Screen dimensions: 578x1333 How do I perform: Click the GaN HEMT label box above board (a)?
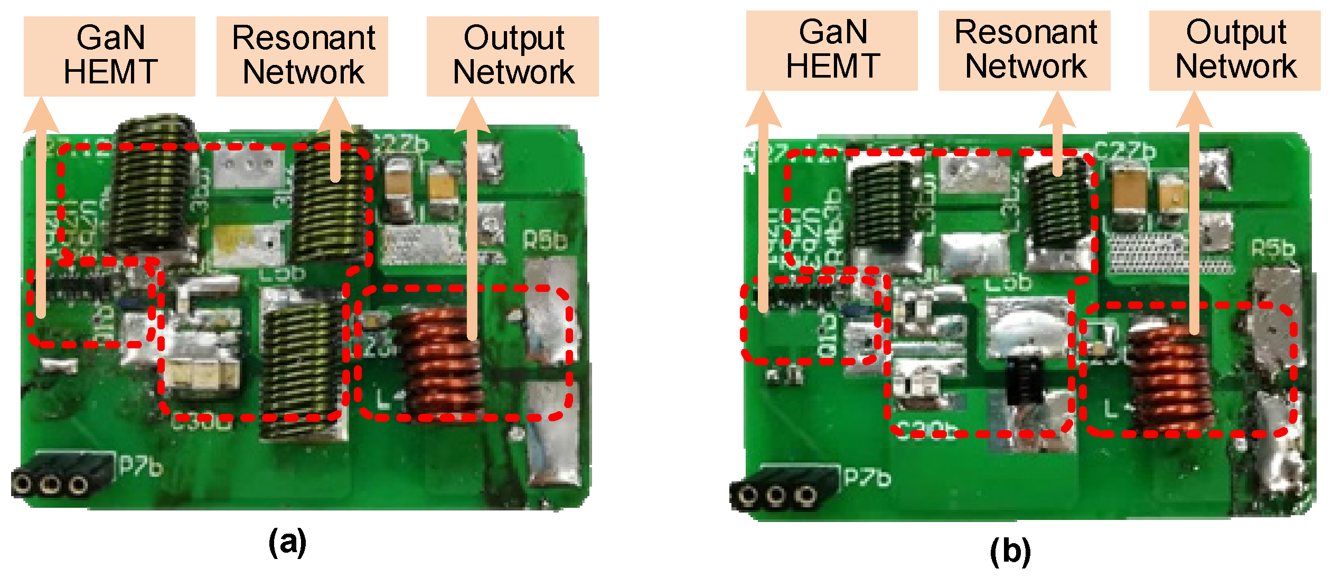[x=109, y=56]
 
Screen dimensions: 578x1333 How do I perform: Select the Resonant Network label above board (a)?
[x=303, y=56]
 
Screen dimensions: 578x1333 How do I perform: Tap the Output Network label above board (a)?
[x=513, y=56]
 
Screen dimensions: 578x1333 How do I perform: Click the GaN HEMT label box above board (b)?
[x=832, y=51]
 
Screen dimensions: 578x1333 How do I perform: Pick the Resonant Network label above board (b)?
[x=1025, y=51]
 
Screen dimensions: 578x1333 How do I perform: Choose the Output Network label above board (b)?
[x=1235, y=51]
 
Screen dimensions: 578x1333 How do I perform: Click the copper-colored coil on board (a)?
[x=441, y=364]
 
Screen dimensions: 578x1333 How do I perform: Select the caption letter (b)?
[x=1010, y=551]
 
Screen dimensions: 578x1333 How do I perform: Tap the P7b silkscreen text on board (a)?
[x=140, y=466]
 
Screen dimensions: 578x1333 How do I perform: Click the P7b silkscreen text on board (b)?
[x=867, y=477]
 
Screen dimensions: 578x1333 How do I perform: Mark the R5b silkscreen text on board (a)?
[x=545, y=241]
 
